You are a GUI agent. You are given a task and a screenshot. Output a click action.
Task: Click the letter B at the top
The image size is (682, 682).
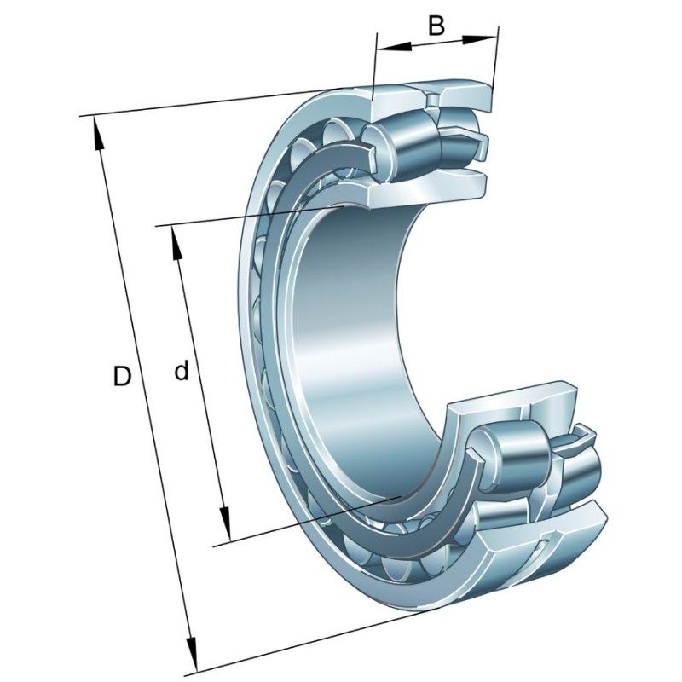click(436, 26)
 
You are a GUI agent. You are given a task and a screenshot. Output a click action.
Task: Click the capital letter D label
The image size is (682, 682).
click(122, 376)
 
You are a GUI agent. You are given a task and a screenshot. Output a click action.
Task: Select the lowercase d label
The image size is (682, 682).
click(181, 372)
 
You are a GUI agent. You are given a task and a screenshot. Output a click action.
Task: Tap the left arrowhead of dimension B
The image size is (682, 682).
click(383, 46)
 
